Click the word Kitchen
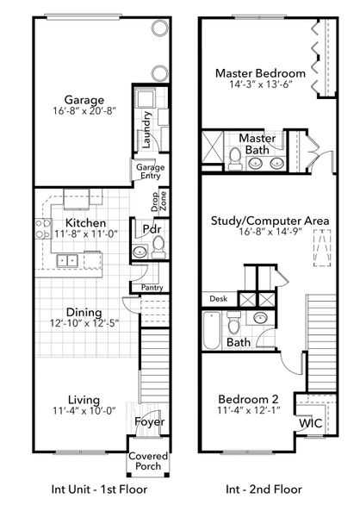point(85,221)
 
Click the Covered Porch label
point(148,461)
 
